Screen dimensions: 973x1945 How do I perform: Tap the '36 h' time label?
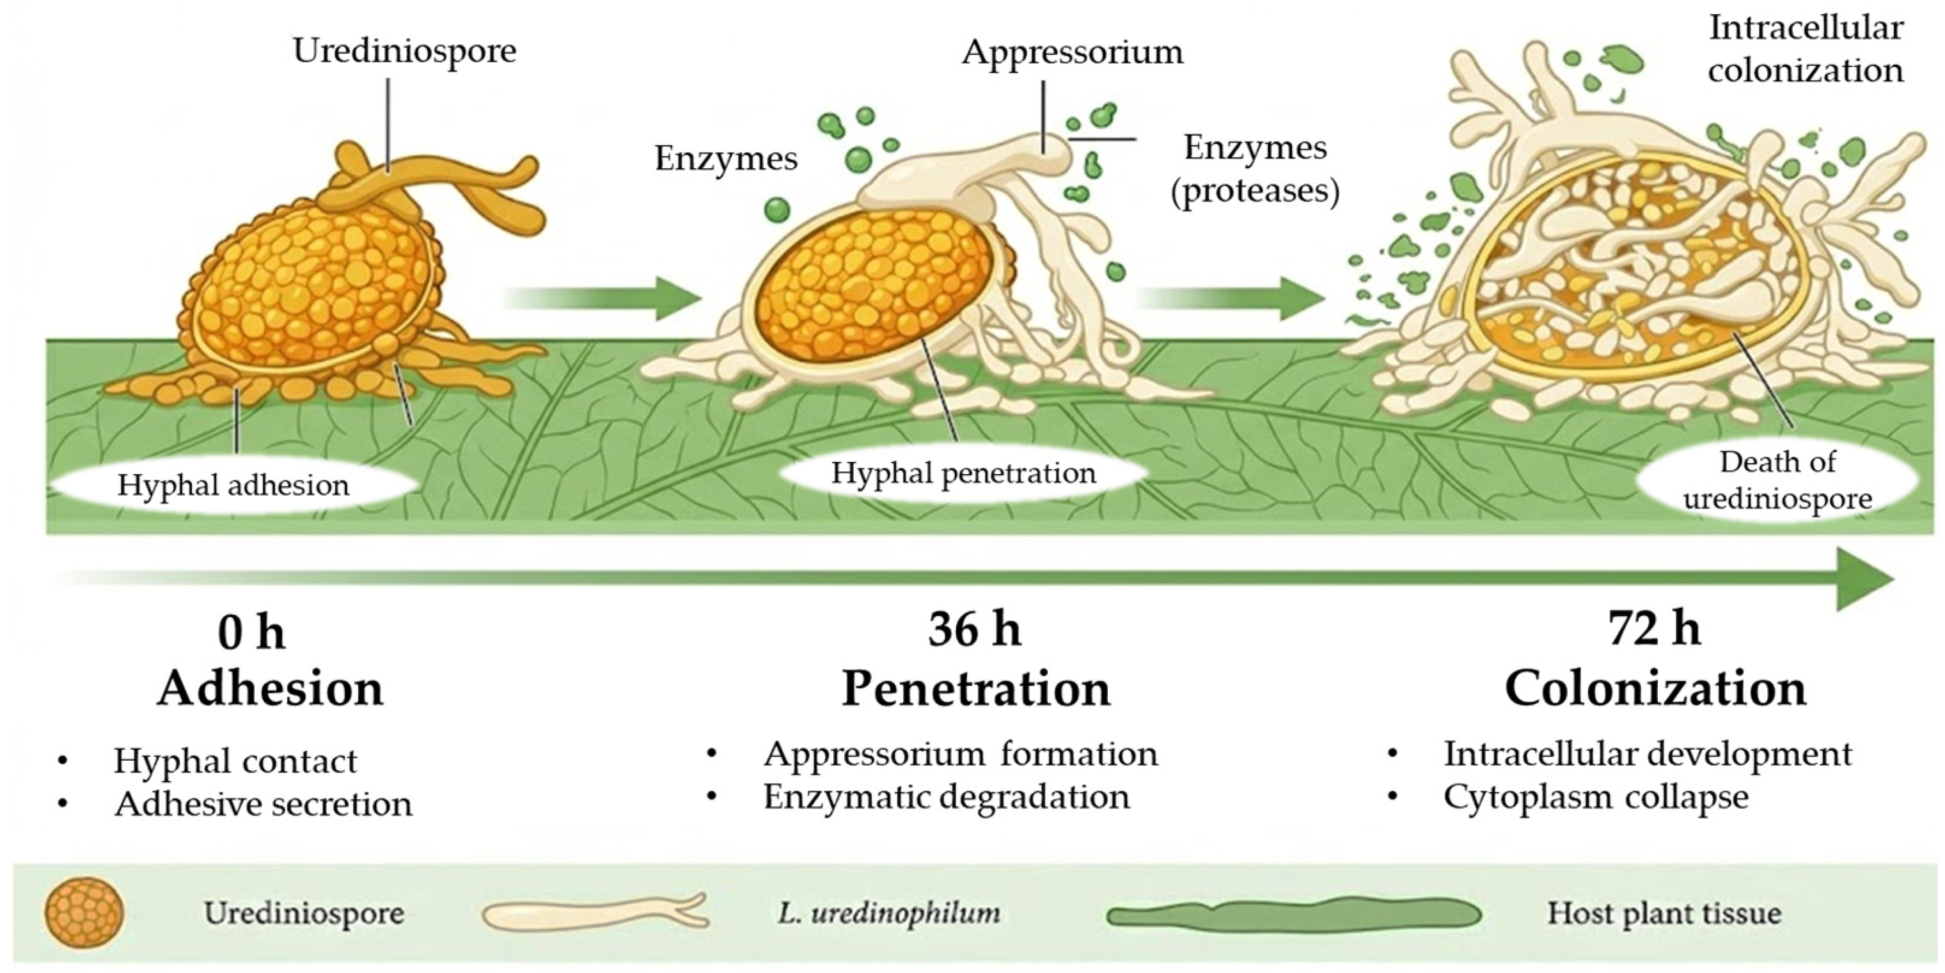tap(974, 629)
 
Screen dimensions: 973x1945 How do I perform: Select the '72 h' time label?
tap(1653, 629)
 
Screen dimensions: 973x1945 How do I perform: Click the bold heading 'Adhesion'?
tap(271, 689)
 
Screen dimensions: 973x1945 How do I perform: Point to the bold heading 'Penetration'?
tap(975, 689)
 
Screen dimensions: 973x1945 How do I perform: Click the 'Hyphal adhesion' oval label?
tap(233, 485)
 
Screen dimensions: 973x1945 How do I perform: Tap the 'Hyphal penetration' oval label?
tap(963, 473)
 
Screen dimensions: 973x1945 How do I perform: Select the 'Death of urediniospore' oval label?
tap(1777, 480)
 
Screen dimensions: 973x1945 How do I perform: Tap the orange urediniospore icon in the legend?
tap(84, 914)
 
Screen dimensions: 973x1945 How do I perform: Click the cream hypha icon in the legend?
tap(595, 914)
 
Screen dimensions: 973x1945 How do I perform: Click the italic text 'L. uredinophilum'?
tap(888, 914)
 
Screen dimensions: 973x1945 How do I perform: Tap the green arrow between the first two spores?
tap(604, 298)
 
